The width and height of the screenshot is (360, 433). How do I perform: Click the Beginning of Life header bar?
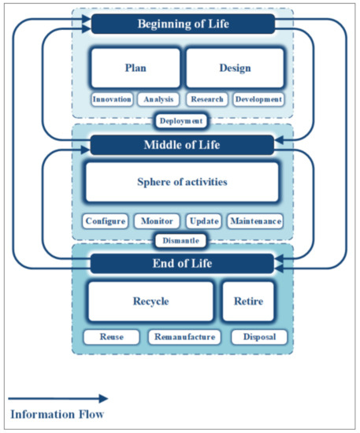click(x=183, y=24)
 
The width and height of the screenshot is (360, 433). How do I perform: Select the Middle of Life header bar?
click(x=182, y=144)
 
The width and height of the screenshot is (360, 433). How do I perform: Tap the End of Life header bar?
click(x=182, y=264)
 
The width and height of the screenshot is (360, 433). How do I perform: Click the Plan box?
click(x=135, y=68)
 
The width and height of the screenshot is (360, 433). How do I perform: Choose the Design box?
click(x=235, y=68)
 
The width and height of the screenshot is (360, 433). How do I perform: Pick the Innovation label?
click(x=112, y=100)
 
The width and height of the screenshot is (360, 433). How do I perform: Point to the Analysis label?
click(x=158, y=100)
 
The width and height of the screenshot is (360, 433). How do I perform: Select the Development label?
click(x=257, y=100)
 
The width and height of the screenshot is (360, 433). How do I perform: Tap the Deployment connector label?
click(x=182, y=120)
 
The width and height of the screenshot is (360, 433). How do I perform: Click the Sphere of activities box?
click(x=182, y=182)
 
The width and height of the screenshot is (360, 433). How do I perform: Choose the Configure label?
click(x=106, y=221)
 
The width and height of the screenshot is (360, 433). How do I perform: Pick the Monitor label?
click(x=157, y=221)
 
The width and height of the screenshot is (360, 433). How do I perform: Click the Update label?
click(x=203, y=221)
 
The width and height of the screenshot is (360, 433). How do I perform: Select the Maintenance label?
click(x=255, y=221)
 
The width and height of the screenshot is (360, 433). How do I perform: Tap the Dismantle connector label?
click(x=182, y=241)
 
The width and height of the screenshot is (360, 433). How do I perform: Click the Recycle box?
click(x=150, y=302)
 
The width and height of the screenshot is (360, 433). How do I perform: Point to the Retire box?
click(x=248, y=302)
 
